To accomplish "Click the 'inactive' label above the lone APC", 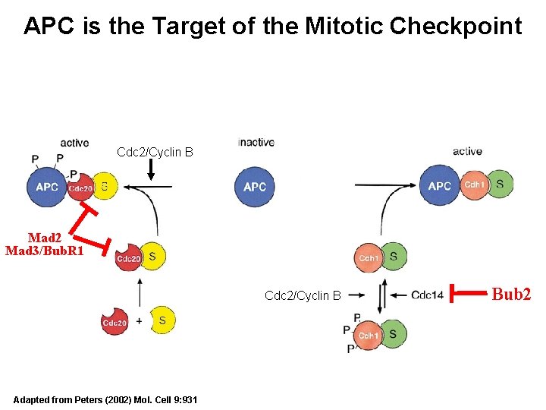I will [x=256, y=142].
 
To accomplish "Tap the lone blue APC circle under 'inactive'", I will [x=255, y=187].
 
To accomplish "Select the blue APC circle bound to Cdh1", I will [x=440, y=185].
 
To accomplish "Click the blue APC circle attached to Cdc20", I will [x=47, y=187].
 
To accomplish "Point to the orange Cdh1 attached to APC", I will [x=474, y=184].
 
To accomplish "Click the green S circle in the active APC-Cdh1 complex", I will [x=499, y=184].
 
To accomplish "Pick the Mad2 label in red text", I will [x=44, y=238].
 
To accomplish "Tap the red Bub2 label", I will [x=512, y=294].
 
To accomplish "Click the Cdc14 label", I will [x=428, y=295].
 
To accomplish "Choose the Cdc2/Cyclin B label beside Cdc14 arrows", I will [x=303, y=295].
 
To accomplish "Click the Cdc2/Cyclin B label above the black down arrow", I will [x=155, y=153].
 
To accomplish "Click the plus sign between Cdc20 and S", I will [x=139, y=321].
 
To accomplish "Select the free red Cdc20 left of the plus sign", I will [x=114, y=322].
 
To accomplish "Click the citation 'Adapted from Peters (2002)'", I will [x=105, y=399].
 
